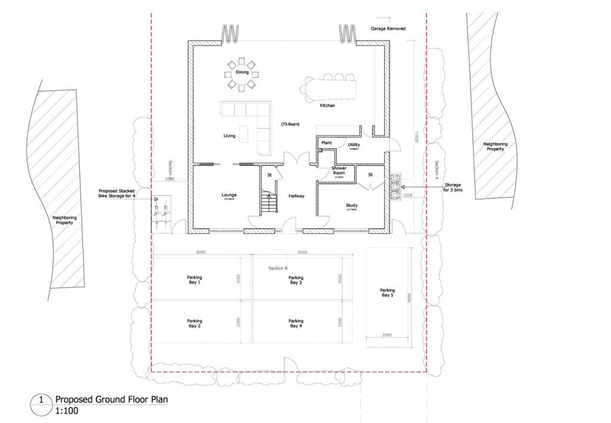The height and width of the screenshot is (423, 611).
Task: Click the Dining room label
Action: point(242,72)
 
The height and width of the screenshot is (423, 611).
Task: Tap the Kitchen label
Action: point(327,106)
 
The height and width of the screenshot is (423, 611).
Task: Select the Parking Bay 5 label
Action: point(387,292)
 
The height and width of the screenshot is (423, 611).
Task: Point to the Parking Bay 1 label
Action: point(195,280)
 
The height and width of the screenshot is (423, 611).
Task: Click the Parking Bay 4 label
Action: point(295,323)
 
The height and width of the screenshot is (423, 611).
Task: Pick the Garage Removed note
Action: point(388,29)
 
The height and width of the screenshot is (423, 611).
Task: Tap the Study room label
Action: point(351,206)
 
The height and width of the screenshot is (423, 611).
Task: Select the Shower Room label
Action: point(339,171)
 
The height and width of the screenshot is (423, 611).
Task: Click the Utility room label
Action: point(353,145)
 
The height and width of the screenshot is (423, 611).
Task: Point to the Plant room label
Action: point(326,143)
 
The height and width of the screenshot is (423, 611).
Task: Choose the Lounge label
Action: point(229,195)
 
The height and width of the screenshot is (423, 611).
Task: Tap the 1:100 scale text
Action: point(66,411)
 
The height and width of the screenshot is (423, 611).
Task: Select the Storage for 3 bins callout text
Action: point(456,188)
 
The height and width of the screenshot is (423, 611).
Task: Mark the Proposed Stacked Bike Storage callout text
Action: point(122,193)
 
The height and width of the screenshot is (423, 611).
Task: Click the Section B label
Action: point(277,268)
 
